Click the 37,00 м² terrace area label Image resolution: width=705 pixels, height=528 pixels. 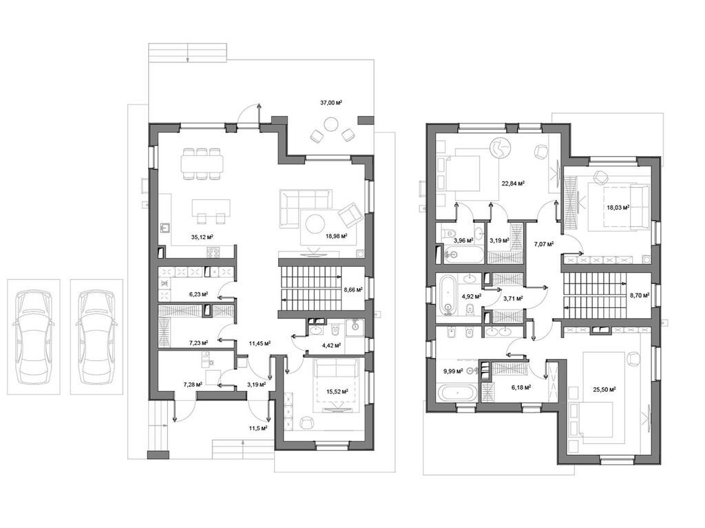tap(331, 102)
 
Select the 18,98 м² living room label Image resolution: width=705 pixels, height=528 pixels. tap(335, 236)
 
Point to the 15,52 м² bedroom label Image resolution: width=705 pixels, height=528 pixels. tap(337, 392)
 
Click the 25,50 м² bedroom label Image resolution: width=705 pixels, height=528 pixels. tap(604, 389)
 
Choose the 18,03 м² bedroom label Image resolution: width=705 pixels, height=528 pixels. tap(618, 208)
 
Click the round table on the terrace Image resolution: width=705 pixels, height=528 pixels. tap(331, 124)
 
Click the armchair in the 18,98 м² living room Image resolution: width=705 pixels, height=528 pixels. tap(350, 214)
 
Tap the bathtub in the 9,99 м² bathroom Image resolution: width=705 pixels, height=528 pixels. tap(456, 394)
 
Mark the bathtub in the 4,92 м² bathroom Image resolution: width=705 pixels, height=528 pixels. tap(447, 295)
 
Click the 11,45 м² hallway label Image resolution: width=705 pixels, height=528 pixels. tap(259, 343)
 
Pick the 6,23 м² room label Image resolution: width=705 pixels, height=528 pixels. tap(198, 294)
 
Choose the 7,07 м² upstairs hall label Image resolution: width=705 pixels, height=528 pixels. tap(545, 243)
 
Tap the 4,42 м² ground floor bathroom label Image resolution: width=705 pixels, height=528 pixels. tap(332, 346)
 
